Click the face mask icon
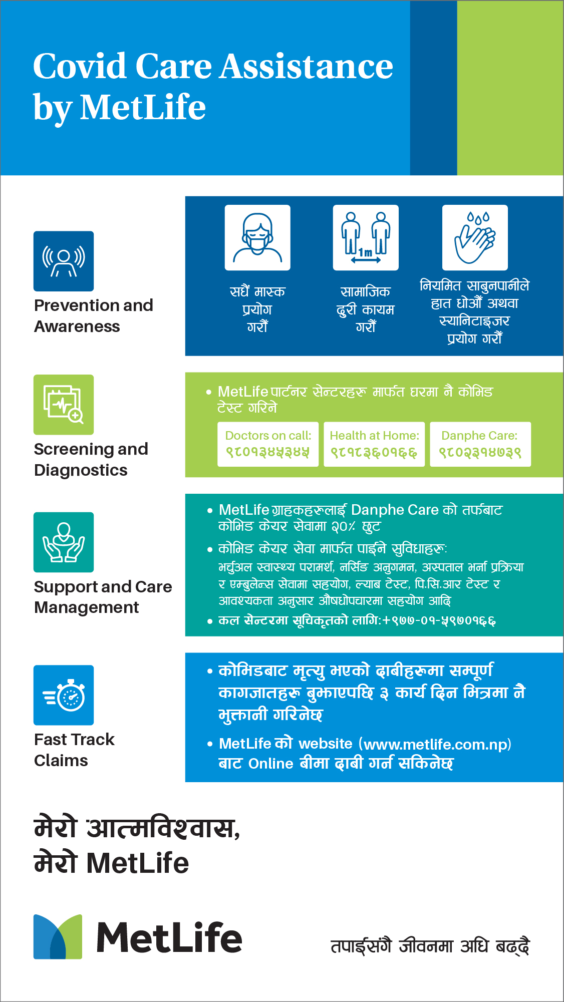pos(257,237)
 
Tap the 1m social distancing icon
pos(366,237)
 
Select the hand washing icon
pos(475,237)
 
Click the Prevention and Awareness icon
pos(64,261)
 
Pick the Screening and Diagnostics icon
pos(64,405)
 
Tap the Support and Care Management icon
pos(64,542)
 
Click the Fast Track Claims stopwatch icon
pos(64,695)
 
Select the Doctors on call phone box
pos(268,444)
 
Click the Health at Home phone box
pos(374,444)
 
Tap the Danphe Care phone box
pos(480,444)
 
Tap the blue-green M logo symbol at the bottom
pos(58,936)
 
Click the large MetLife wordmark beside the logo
pos(169,937)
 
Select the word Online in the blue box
pos(271,764)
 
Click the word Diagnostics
pos(81,470)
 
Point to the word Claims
pos(61,761)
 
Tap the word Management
pos(87,607)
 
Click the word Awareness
pos(77,326)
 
